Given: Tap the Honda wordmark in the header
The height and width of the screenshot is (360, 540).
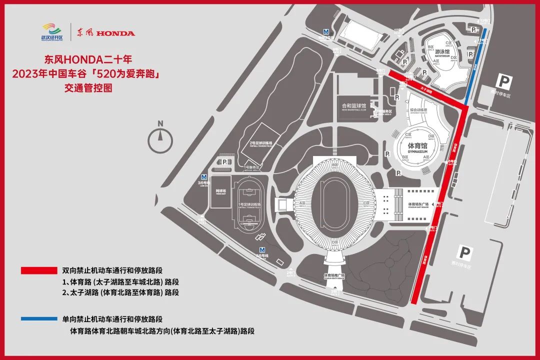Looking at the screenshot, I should pyautogui.click(x=115, y=33).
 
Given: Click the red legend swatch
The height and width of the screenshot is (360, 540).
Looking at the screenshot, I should pyautogui.click(x=39, y=270).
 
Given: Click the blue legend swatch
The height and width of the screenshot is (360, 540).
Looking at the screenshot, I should pyautogui.click(x=39, y=318).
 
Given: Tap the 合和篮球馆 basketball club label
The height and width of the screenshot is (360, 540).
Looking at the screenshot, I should pyautogui.click(x=353, y=106).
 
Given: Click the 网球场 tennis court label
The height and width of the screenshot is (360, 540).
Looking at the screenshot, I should pyautogui.click(x=220, y=191).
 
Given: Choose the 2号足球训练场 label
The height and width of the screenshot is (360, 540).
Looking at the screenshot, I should pyautogui.click(x=261, y=143).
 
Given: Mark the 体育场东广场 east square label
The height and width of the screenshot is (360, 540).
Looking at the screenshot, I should pyautogui.click(x=418, y=204).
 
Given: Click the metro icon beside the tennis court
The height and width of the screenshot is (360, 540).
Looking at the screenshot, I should pyautogui.click(x=203, y=177).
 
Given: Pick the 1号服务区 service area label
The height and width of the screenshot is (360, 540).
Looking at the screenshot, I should pyautogui.click(x=251, y=167).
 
